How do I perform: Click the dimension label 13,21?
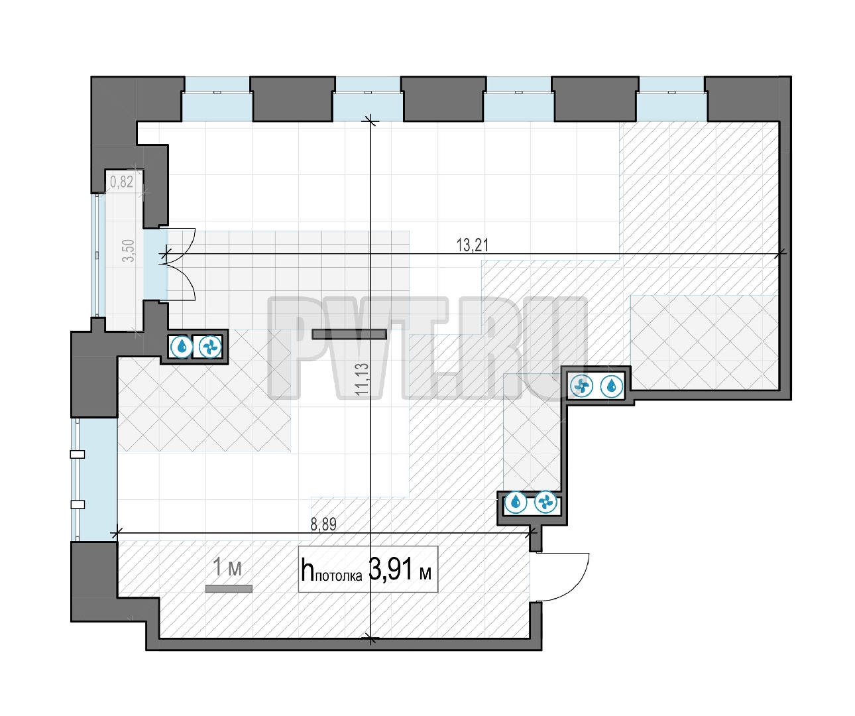coord(472,245)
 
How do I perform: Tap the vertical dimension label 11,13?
coord(362,379)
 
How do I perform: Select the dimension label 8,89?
coord(323,524)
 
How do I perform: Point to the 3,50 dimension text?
coord(128,251)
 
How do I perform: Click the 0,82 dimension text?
coord(121,182)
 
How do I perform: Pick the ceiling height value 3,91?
coord(390,569)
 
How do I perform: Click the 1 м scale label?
coord(227,567)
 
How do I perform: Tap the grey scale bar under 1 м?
coord(229,589)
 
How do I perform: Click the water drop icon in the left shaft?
coord(181,347)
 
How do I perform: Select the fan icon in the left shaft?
coord(210,347)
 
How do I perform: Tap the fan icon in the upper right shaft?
coord(581,386)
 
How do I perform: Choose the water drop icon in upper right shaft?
coord(611,386)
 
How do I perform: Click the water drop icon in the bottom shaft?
coord(516,502)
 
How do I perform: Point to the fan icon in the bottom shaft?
coord(546,502)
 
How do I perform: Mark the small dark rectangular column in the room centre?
coord(349,334)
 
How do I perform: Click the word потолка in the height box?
coord(339,576)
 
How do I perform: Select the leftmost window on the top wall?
coord(217,99)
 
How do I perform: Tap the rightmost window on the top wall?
coord(671,99)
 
